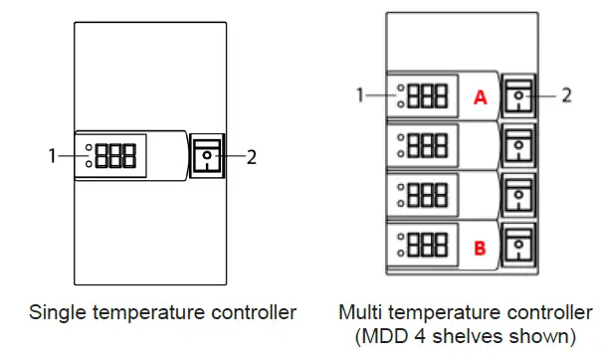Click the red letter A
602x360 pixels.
pyautogui.click(x=480, y=97)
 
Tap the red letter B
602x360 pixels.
pyautogui.click(x=480, y=248)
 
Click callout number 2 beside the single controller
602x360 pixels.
pyautogui.click(x=252, y=156)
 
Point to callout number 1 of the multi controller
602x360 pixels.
pyautogui.click(x=363, y=95)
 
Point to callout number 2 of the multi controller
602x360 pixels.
pyautogui.click(x=566, y=95)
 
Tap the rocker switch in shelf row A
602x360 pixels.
pyautogui.click(x=518, y=96)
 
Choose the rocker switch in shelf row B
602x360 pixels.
pyautogui.click(x=518, y=247)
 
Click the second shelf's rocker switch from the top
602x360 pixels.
pyautogui.click(x=518, y=146)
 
